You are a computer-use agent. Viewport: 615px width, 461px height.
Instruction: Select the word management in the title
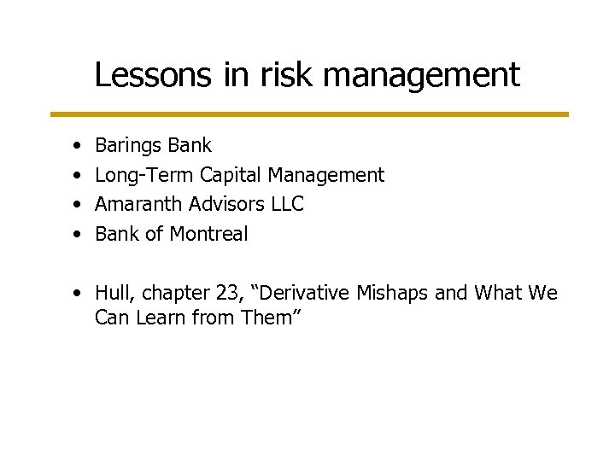coord(421,77)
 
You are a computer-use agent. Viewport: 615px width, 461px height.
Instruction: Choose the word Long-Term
coord(144,176)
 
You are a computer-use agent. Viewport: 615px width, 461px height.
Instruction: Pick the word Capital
coord(231,176)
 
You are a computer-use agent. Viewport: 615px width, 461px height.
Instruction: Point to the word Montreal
coord(209,234)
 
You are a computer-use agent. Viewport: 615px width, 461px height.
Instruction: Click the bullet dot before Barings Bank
coord(78,147)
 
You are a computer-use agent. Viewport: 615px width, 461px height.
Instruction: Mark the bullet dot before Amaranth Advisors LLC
coord(78,205)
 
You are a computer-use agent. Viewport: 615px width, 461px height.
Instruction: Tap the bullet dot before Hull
coord(78,294)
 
